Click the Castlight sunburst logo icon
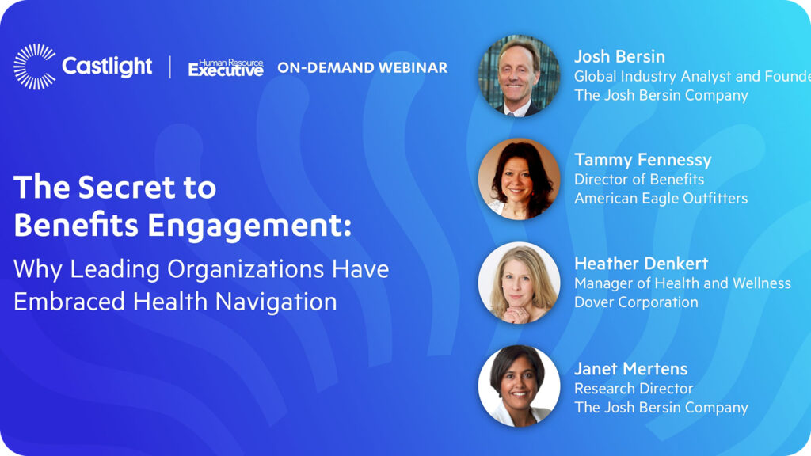tap(35, 66)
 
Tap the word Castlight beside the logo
tap(107, 66)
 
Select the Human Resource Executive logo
tap(226, 68)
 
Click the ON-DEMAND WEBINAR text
tap(362, 68)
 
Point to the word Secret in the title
tap(127, 187)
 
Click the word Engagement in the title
tap(249, 226)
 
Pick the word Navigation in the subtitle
tap(276, 302)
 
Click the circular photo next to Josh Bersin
tap(519, 75)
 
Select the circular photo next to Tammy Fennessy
tap(519, 179)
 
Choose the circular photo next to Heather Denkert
tap(519, 283)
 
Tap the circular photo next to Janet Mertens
tap(519, 386)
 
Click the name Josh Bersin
tap(619, 56)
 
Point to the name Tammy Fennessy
tap(643, 160)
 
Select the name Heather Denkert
tap(641, 263)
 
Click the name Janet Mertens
tap(631, 369)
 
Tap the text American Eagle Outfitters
tap(661, 198)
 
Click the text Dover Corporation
tap(636, 302)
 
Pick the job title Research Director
tap(634, 388)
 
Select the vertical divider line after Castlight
tap(170, 67)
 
